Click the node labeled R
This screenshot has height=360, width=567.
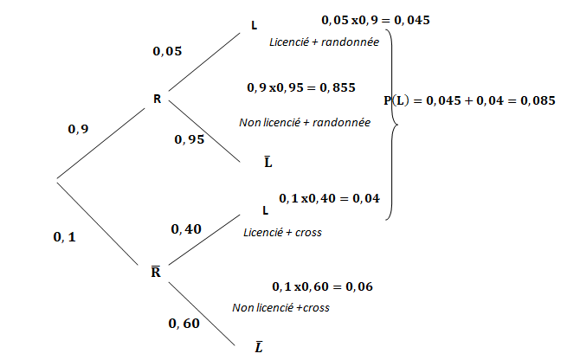click(157, 99)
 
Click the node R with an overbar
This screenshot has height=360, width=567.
click(157, 272)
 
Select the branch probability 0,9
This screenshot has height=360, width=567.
click(78, 129)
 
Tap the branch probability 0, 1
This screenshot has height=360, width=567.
click(65, 235)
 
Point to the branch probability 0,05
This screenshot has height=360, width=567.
click(167, 52)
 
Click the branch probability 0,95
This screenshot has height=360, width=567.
click(189, 139)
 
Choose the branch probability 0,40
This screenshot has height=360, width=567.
click(187, 229)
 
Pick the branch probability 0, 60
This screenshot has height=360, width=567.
click(184, 324)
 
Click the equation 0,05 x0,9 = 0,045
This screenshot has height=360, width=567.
click(376, 19)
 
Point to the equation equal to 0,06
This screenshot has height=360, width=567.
click(322, 286)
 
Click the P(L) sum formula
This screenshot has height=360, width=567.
click(469, 100)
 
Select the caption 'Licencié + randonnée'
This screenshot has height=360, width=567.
click(319, 41)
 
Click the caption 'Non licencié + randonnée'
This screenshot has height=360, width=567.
click(305, 122)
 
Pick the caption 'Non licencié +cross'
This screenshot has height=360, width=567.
click(280, 307)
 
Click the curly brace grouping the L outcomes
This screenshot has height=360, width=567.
click(394, 125)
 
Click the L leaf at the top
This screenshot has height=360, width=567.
click(254, 26)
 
